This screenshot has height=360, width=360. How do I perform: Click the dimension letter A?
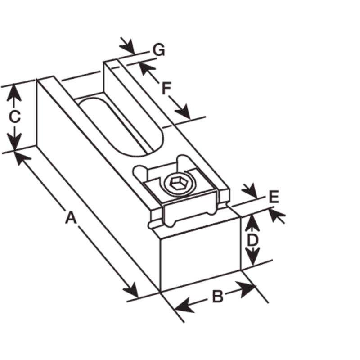pos(71,217)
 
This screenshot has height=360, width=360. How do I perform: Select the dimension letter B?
pos(218,296)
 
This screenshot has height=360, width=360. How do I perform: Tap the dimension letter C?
pos(14,117)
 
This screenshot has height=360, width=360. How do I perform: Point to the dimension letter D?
pos(252,240)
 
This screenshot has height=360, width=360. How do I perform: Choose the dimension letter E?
pos(274,197)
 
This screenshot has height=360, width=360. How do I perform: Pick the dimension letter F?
pos(166,88)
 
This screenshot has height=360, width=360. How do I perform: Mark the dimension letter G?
pos(159,50)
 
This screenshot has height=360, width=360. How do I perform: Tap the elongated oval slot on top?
pos(121,127)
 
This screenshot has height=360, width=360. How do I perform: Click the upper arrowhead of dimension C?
pos(14,93)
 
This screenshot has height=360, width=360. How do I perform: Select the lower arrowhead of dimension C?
pos(14,142)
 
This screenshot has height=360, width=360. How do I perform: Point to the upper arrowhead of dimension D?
pos(252,222)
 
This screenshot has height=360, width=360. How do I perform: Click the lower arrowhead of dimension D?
pos(252,257)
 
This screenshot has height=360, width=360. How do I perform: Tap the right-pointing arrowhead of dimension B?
pos(246,289)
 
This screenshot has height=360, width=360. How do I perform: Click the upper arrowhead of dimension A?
pos(23,158)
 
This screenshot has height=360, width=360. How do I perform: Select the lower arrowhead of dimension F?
pos(183,112)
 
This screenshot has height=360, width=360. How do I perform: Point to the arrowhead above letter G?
pos(127,47)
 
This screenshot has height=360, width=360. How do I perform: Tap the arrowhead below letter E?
pos(277,215)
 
